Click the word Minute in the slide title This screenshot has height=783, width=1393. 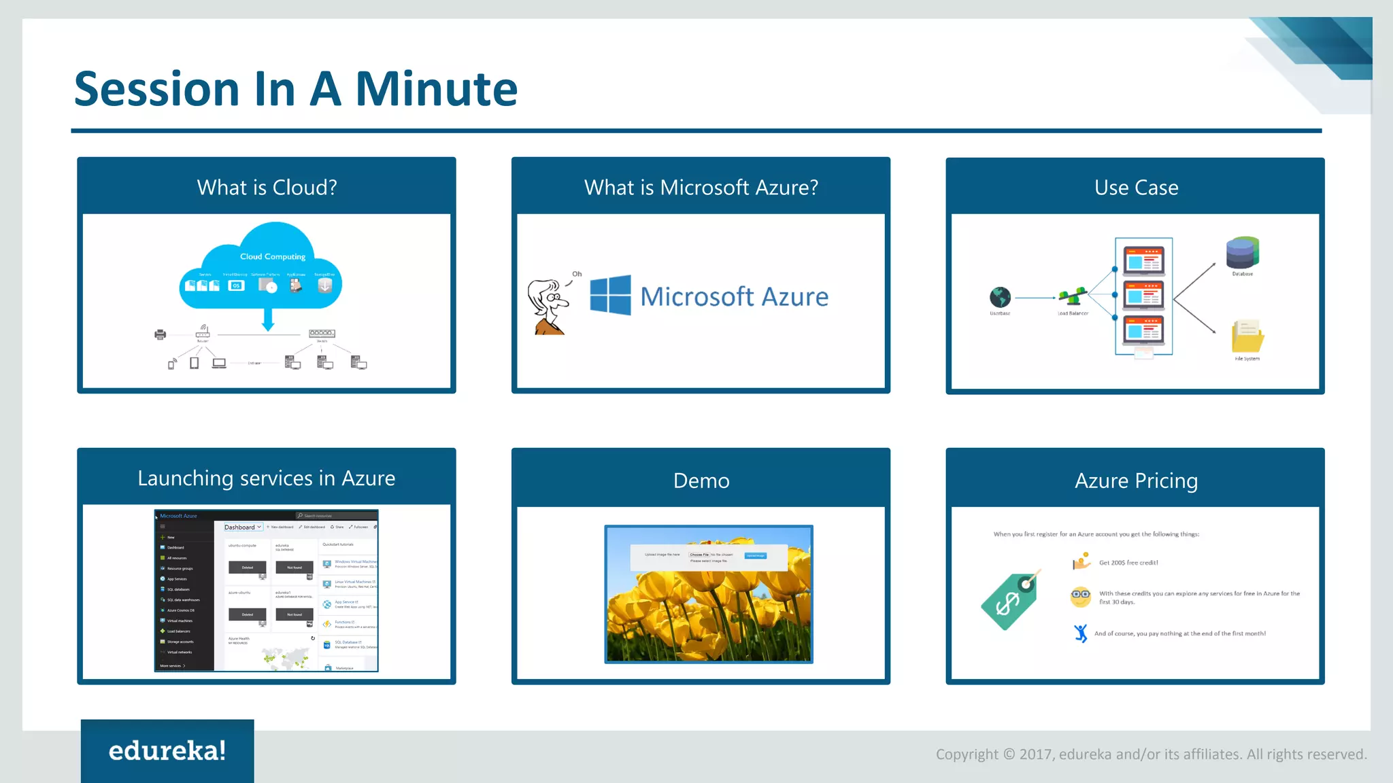[x=436, y=90]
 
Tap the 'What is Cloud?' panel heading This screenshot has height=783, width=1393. [x=267, y=188]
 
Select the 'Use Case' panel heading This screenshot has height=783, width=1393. [x=1136, y=188]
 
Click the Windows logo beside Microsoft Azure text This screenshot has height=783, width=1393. [x=610, y=296]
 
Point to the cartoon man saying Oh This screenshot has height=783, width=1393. [x=548, y=307]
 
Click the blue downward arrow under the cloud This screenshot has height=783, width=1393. [x=268, y=319]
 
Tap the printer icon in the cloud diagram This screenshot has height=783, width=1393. [x=161, y=334]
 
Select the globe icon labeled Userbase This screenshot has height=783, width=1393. [x=1000, y=297]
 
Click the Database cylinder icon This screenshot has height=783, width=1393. [x=1242, y=253]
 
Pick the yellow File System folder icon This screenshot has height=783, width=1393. [x=1247, y=336]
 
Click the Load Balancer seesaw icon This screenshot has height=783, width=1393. [x=1073, y=296]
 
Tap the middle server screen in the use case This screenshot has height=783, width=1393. [x=1143, y=296]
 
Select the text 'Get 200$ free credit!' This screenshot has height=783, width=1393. [x=1128, y=563]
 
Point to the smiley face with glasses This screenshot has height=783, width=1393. [x=1080, y=596]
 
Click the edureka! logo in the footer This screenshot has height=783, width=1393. [x=167, y=751]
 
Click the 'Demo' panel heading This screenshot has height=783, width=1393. [x=701, y=481]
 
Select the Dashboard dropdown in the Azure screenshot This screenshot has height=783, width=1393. [x=243, y=527]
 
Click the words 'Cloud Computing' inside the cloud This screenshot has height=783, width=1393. [x=273, y=257]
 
